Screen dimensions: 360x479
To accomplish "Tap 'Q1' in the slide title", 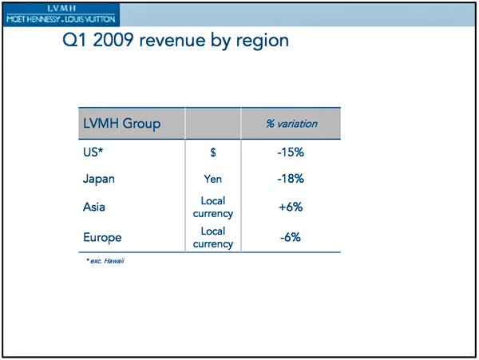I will pos(77,41).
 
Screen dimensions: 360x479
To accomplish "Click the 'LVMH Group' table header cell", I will pos(122,124).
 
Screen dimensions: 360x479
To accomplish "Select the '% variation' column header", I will pos(291,124).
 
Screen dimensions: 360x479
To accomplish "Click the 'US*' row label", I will pos(93,152).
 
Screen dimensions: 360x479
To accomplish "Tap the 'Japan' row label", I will pos(99,179).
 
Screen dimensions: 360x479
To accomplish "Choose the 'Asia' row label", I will pos(95,208).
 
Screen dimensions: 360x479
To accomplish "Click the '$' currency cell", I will pos(212,152).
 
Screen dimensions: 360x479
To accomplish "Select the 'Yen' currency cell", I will pos(212,179).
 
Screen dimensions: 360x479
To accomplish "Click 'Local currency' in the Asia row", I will pos(212,208).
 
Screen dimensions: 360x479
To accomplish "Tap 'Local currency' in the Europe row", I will pos(212,237).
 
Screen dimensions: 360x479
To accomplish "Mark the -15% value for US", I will pos(291,152).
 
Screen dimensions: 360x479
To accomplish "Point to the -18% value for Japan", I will pos(291,179).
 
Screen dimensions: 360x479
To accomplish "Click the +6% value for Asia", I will pos(291,208).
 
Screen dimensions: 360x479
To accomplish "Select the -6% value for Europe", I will pos(291,237).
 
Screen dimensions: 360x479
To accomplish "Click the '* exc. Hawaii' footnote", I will pos(105,261).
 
